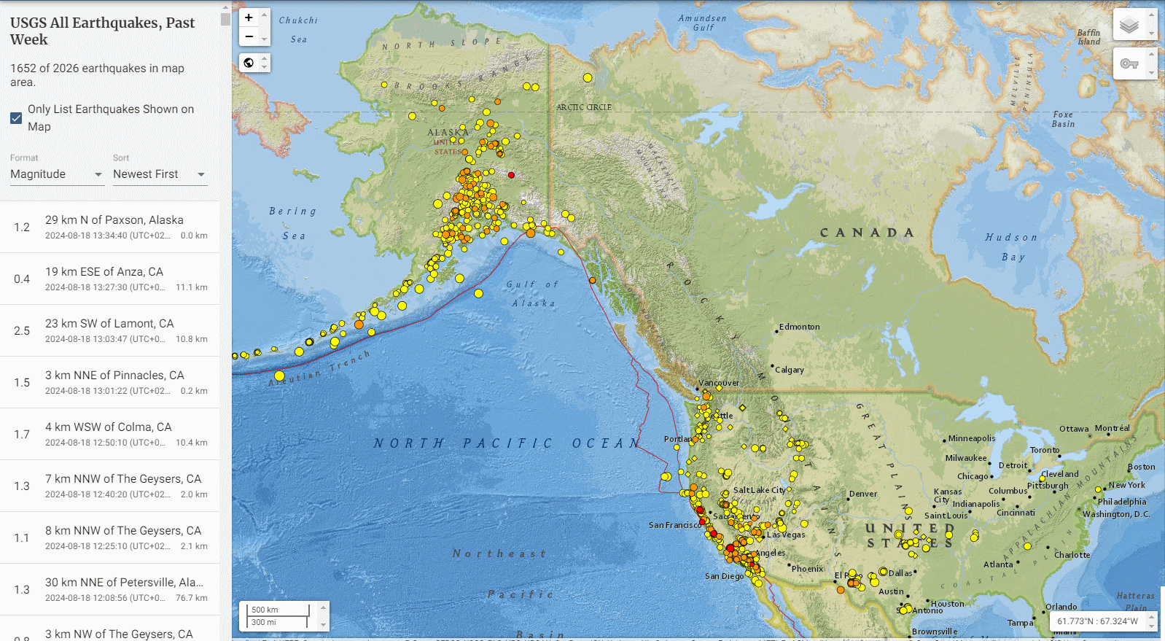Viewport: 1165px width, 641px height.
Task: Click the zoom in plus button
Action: click(249, 18)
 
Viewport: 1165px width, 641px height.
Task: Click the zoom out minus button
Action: click(249, 36)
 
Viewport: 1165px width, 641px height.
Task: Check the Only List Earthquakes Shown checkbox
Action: click(16, 118)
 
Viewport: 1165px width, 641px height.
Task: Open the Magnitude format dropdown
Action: click(57, 174)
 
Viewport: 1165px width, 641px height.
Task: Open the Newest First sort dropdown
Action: click(159, 174)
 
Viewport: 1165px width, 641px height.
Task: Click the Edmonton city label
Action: click(799, 327)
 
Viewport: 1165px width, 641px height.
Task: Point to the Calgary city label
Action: click(789, 370)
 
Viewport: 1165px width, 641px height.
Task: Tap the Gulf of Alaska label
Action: click(533, 294)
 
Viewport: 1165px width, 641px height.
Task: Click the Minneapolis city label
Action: click(971, 438)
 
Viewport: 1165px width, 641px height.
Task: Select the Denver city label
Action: click(863, 494)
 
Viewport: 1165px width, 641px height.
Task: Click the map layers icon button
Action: click(1129, 26)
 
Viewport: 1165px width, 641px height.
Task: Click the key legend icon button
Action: click(1129, 64)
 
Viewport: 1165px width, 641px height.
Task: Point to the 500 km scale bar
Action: click(278, 610)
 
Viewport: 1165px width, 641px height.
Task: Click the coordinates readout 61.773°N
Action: click(1097, 621)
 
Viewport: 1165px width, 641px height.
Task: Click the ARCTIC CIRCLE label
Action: click(584, 107)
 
